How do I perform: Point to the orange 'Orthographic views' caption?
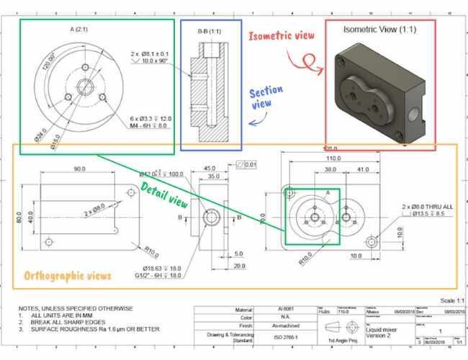click(x=68, y=276)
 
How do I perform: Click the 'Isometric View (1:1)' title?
click(x=379, y=30)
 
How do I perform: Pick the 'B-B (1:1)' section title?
click(x=210, y=32)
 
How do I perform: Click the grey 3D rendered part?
click(x=379, y=87)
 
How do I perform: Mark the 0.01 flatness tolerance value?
click(x=249, y=165)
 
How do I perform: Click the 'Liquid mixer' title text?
click(x=383, y=328)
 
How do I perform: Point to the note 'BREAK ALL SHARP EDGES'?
click(x=68, y=323)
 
